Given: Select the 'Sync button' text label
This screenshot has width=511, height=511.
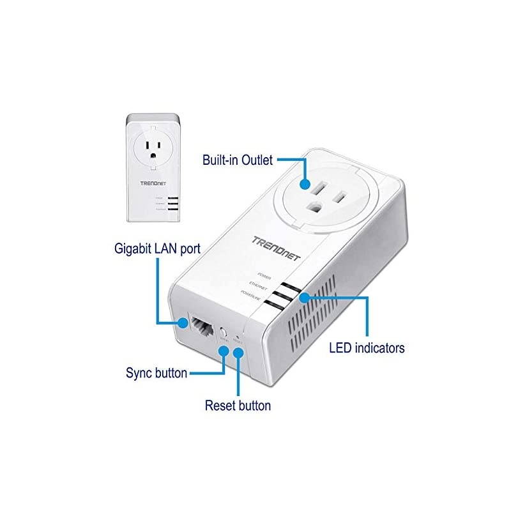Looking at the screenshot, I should pos(157,372).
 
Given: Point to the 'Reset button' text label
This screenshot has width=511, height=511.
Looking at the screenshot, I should pos(238,405).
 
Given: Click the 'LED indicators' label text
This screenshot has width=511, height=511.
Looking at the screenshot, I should pos(367,348).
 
